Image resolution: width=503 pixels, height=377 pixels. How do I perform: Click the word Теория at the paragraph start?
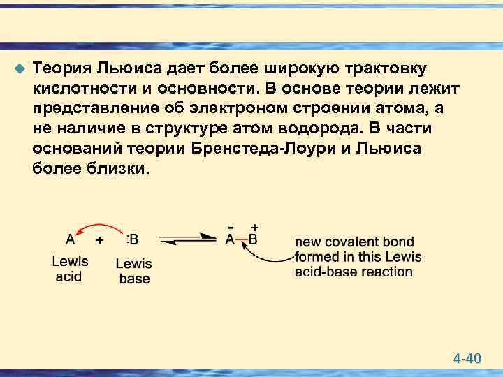tap(62, 69)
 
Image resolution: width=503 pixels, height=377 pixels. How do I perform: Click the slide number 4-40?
tap(467, 359)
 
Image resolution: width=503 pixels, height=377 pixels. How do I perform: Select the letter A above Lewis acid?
tap(71, 239)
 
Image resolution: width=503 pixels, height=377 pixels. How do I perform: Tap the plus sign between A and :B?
tap(100, 240)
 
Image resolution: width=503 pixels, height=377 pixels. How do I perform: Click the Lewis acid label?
tap(70, 269)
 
